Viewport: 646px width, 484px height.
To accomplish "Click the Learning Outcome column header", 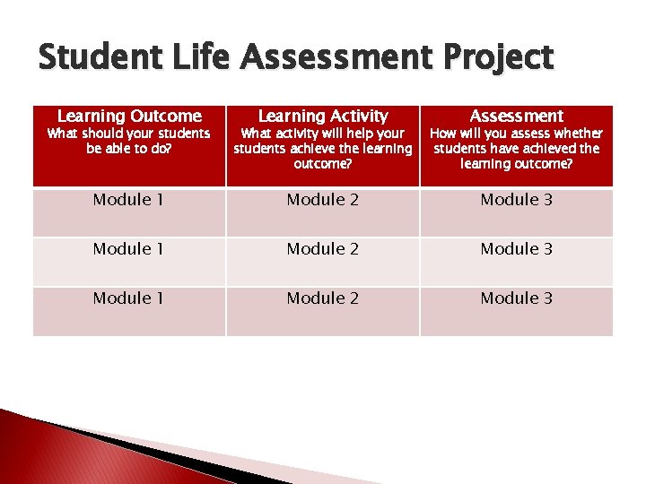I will tap(129, 116).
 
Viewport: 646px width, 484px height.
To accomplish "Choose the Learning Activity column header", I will tap(323, 116).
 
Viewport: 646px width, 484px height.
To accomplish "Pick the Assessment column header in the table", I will tap(517, 116).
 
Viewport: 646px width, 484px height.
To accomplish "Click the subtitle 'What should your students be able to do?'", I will tap(129, 141).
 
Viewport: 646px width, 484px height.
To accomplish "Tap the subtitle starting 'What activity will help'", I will tap(323, 148).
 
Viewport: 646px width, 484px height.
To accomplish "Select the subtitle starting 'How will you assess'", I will tap(517, 148).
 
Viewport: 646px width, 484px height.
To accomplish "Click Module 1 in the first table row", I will tap(129, 200).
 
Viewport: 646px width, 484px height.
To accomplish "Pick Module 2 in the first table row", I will tap(323, 200).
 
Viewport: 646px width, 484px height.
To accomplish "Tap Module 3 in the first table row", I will tap(517, 200).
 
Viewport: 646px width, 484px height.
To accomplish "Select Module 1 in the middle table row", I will tap(129, 249).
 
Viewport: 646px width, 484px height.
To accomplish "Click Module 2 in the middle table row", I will tap(323, 249).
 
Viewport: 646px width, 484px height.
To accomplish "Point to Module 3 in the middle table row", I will tap(517, 249).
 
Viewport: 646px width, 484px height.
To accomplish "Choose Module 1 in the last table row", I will tap(129, 298).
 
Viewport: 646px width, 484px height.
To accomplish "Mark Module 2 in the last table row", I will tap(323, 298).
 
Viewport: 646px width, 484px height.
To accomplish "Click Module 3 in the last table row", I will tap(517, 298).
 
